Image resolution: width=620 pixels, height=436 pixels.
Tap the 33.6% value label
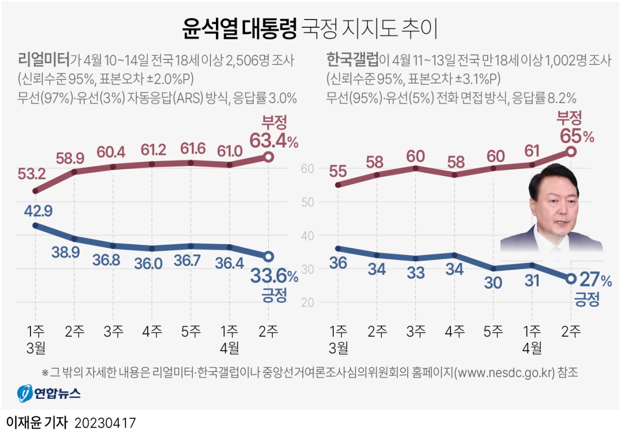pos(273,277)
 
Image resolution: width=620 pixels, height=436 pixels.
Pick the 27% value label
pos(595,280)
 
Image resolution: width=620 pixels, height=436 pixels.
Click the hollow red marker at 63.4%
pos(268,157)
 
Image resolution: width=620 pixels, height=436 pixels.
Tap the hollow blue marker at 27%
pos(571,278)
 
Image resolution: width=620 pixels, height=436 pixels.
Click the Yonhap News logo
pos(49,394)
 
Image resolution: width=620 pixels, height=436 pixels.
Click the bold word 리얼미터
pos(43,60)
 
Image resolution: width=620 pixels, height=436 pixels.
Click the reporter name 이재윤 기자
pos(37,423)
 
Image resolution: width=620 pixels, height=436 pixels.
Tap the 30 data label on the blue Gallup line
pos(493,283)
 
